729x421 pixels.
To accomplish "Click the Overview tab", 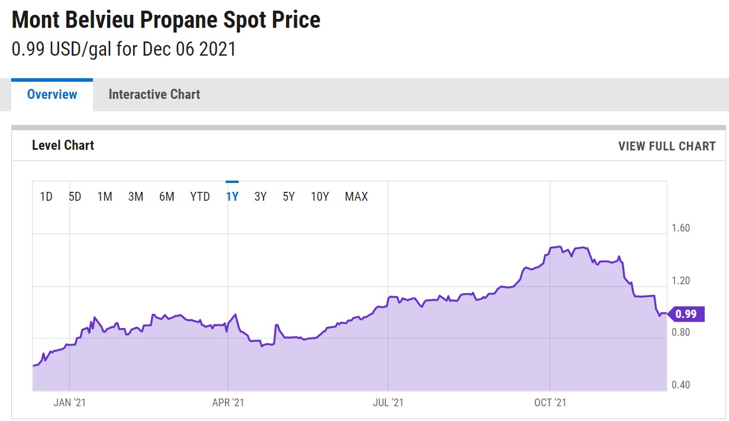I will (x=52, y=95).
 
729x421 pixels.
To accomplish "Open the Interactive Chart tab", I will (x=154, y=95).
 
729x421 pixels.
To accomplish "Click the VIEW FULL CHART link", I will (x=667, y=146).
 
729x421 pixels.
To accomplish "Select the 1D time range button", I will (x=46, y=197).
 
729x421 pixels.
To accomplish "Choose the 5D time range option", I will (x=75, y=197).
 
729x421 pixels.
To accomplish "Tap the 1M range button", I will (x=105, y=197).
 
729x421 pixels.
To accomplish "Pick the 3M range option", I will (x=136, y=197).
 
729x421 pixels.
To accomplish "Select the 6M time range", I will (x=166, y=197).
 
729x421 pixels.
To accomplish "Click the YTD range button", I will (x=200, y=197).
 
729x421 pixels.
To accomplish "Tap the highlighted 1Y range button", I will (x=232, y=197).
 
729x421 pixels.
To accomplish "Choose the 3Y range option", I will (x=261, y=197).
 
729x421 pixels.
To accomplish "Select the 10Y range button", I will (x=320, y=197).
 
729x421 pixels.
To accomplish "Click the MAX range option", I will (x=357, y=197).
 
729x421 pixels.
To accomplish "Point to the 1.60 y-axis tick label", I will (x=680, y=229).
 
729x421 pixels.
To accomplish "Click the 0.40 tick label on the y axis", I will (x=680, y=385).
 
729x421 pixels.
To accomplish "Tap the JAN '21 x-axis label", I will (x=70, y=403).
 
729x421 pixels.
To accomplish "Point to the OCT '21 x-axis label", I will (x=551, y=403).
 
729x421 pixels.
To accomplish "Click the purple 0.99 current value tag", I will (x=686, y=314).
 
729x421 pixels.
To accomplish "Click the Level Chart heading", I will (x=63, y=146).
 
